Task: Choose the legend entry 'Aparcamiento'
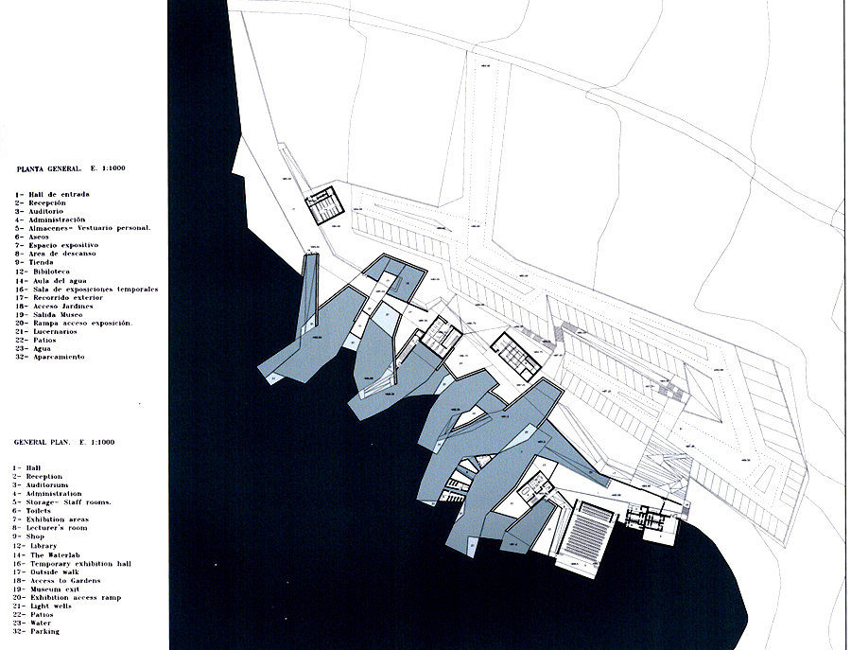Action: tap(58, 357)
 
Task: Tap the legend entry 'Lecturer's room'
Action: tap(61, 528)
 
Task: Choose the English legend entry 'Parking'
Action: tap(45, 631)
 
